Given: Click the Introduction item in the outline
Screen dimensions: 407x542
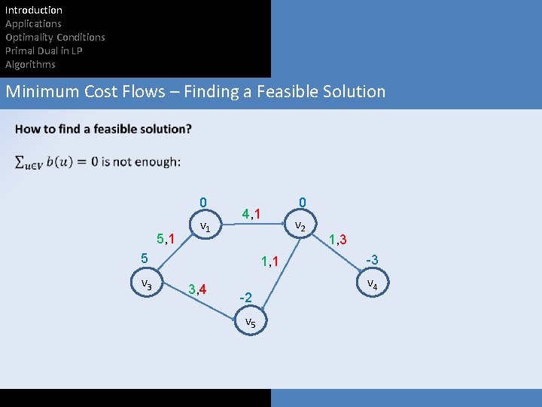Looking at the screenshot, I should click(x=34, y=10).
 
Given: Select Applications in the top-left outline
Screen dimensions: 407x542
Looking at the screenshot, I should click(x=33, y=23).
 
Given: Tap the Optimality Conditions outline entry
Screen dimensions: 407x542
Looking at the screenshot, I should click(x=55, y=37).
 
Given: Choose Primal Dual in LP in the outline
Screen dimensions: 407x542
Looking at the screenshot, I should click(x=44, y=50).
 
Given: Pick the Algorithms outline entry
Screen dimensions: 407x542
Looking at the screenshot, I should click(x=30, y=64).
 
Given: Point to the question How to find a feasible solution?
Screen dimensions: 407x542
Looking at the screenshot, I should click(x=103, y=129).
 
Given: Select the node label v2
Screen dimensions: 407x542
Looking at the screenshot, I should click(x=300, y=225).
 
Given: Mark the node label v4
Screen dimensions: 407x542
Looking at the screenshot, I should click(x=372, y=285).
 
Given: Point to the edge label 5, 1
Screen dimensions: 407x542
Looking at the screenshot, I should click(x=165, y=240).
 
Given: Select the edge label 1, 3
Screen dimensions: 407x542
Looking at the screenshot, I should click(x=336, y=240).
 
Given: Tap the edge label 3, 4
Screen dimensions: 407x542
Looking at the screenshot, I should click(x=198, y=289).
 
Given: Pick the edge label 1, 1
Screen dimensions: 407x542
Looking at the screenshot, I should click(x=269, y=262).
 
